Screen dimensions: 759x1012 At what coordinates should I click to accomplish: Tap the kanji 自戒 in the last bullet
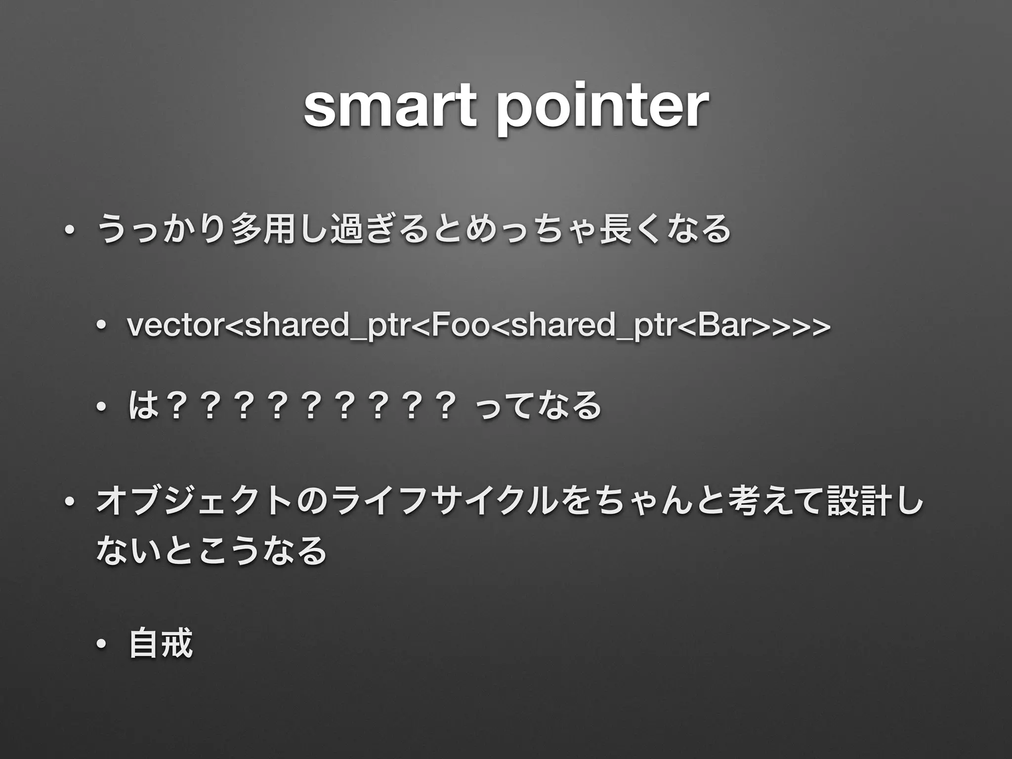[x=160, y=643]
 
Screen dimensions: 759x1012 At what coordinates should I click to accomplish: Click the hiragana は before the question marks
[x=142, y=406]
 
